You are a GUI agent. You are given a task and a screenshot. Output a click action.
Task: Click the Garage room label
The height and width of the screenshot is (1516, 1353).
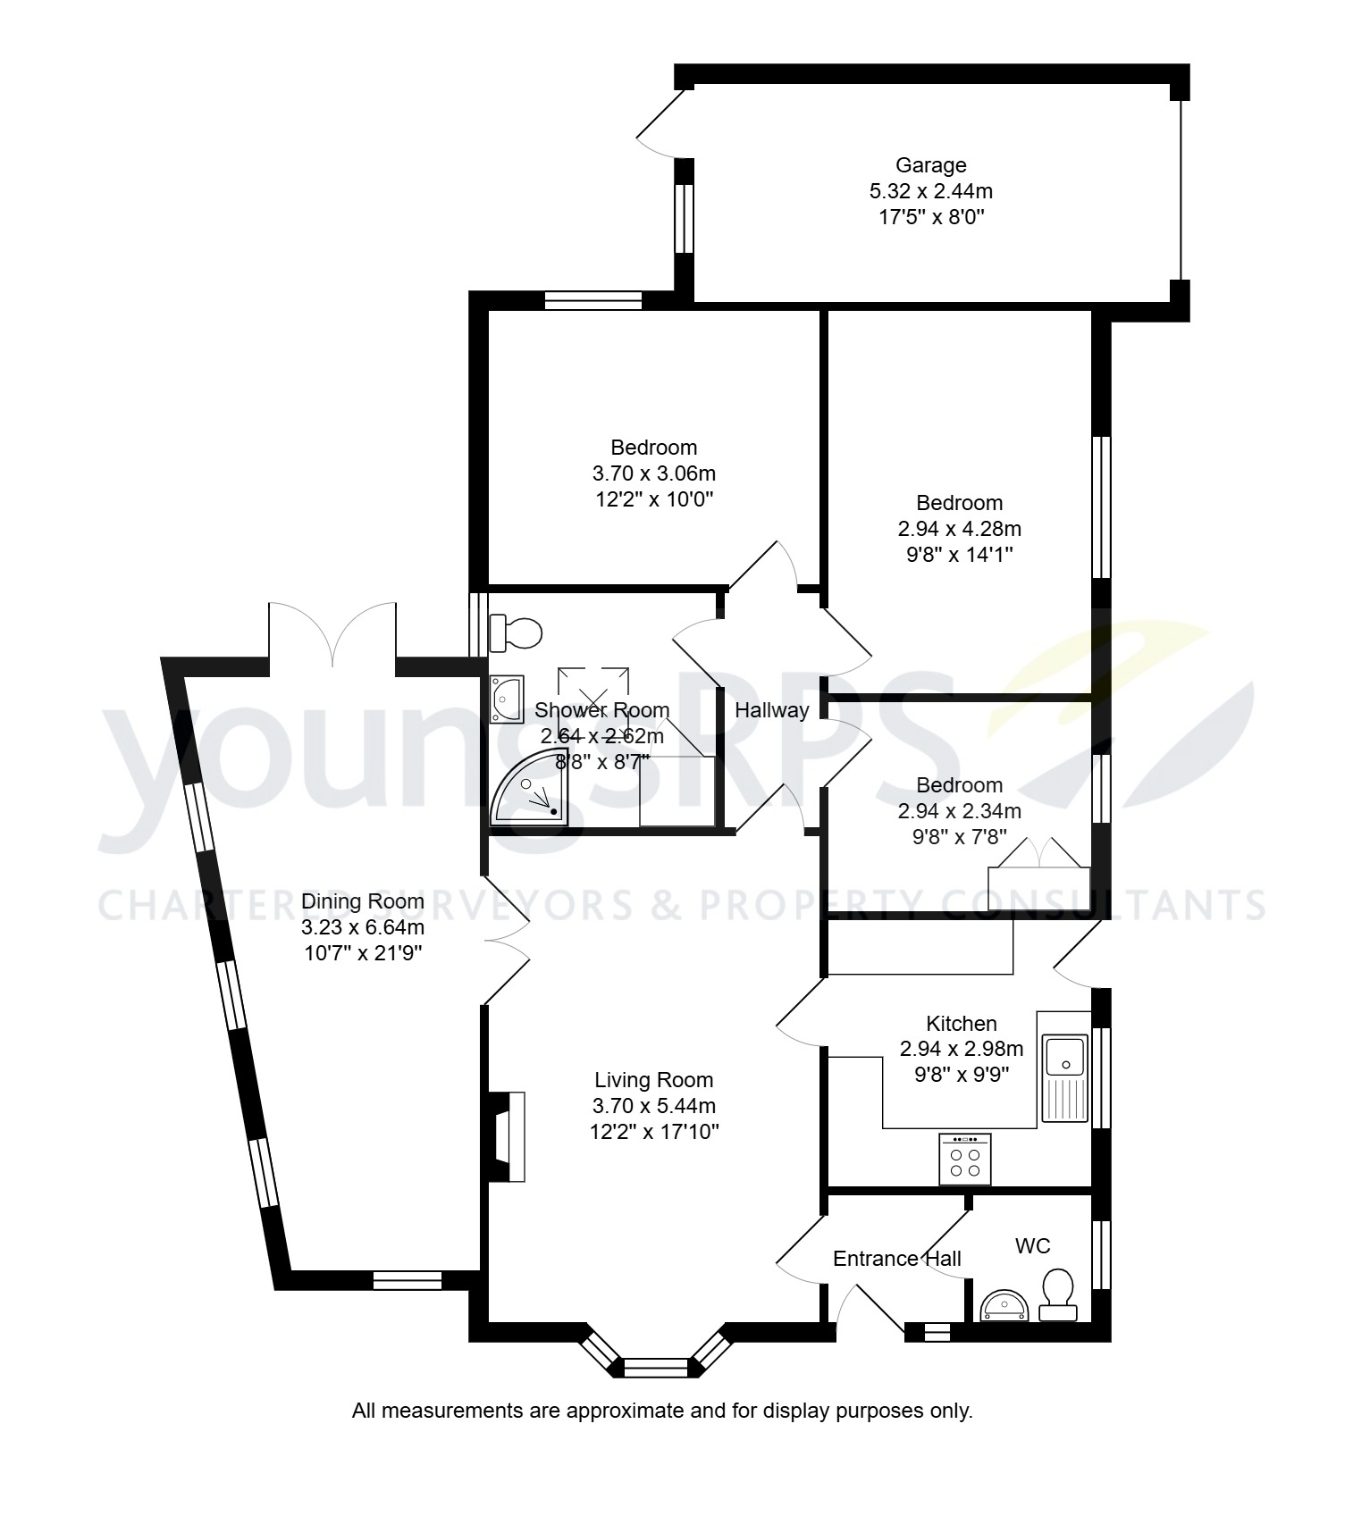click(x=930, y=165)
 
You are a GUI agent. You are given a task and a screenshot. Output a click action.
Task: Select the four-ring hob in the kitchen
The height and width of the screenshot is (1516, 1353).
click(x=964, y=1160)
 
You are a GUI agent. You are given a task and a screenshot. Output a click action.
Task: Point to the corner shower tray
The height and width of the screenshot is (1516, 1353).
click(x=527, y=789)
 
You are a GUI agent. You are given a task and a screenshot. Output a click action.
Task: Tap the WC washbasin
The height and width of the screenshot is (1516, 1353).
click(x=1005, y=1307)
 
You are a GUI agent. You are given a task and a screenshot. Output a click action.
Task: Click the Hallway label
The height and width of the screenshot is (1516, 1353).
click(x=771, y=710)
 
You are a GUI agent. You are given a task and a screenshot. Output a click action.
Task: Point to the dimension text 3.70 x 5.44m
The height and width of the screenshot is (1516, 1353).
click(x=653, y=1106)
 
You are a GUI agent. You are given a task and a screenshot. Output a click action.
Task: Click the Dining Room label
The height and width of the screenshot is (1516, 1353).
click(x=362, y=901)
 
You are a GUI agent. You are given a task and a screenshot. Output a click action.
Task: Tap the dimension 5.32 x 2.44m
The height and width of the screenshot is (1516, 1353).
click(x=930, y=191)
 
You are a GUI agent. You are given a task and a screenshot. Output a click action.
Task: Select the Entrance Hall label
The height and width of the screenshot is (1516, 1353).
click(x=896, y=1259)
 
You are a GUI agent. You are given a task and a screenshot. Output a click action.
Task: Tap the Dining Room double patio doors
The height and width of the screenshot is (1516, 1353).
click(x=332, y=636)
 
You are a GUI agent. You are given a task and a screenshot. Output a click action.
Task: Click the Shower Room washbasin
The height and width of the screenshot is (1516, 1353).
click(x=507, y=699)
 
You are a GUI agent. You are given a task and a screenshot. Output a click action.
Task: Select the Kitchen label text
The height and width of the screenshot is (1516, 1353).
click(x=961, y=1024)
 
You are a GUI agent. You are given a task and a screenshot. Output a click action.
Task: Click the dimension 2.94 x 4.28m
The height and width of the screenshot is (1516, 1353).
click(x=959, y=529)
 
